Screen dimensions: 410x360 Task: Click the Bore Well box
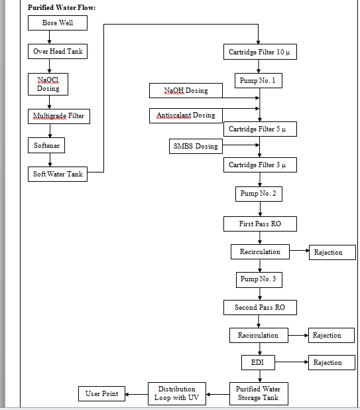coord(58,23)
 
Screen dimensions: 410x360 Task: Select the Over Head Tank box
coord(58,51)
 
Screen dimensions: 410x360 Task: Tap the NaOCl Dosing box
coord(48,84)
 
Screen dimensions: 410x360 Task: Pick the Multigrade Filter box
coord(58,116)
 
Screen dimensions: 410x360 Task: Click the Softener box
coord(48,145)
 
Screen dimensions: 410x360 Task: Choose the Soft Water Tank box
coord(58,174)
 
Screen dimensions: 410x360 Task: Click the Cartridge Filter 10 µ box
coord(259,52)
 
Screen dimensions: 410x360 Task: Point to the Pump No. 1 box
coord(259,81)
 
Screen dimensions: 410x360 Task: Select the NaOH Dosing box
coord(185,90)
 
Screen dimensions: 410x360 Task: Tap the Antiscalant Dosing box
coord(185,115)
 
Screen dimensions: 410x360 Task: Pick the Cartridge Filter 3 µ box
coord(259,165)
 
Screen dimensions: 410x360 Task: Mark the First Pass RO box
coord(259,224)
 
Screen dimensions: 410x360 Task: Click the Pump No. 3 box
coord(259,279)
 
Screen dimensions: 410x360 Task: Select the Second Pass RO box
coord(259,308)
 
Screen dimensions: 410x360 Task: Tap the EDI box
coord(258,363)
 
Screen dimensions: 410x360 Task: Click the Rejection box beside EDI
coord(327,363)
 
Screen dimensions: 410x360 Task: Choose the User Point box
coord(102,394)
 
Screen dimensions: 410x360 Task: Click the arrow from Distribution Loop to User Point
coord(137,394)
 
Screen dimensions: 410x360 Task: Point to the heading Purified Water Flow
coord(62,8)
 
